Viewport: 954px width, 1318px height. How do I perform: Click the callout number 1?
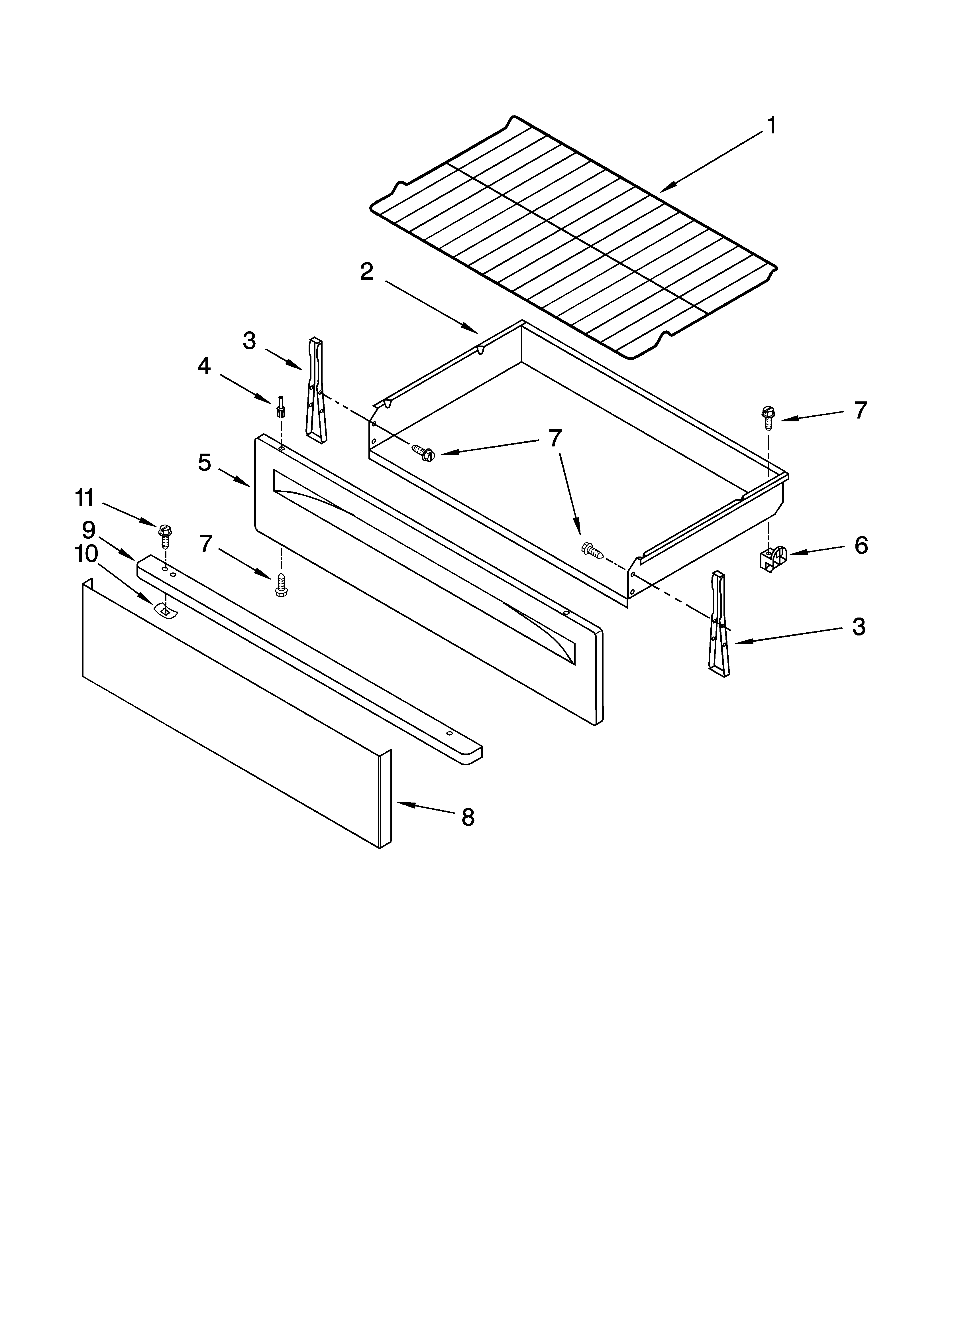[x=771, y=125]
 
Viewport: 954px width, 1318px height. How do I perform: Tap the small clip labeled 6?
[x=772, y=558]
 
